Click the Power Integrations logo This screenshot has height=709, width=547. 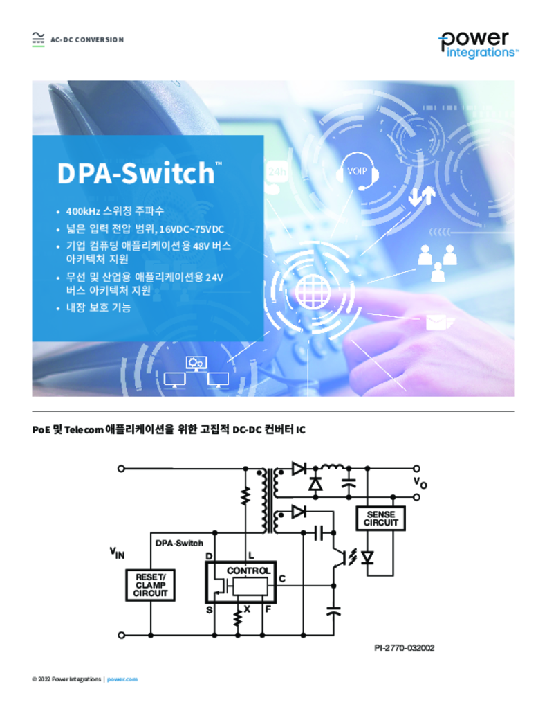tap(479, 44)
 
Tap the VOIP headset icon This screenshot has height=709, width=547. tap(357, 172)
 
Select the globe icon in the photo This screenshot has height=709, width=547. tap(312, 291)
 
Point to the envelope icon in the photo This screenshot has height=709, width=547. tap(436, 323)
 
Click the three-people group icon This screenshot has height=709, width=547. tap(437, 262)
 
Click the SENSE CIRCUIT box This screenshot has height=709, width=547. tap(381, 518)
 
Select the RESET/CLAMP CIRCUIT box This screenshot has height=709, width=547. tap(151, 585)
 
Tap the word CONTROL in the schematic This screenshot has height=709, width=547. tap(248, 571)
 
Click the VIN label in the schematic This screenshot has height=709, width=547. tap(117, 553)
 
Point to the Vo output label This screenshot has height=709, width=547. tap(420, 483)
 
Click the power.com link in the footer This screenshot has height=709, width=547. tap(122, 679)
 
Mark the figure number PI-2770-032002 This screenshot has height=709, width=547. tap(405, 648)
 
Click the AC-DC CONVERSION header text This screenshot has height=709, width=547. tap(87, 39)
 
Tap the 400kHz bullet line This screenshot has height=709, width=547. tap(115, 211)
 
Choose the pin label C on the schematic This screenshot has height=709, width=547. tap(282, 578)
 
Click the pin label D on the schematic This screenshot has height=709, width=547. tap(209, 556)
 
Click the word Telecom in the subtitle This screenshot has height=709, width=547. tap(84, 429)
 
